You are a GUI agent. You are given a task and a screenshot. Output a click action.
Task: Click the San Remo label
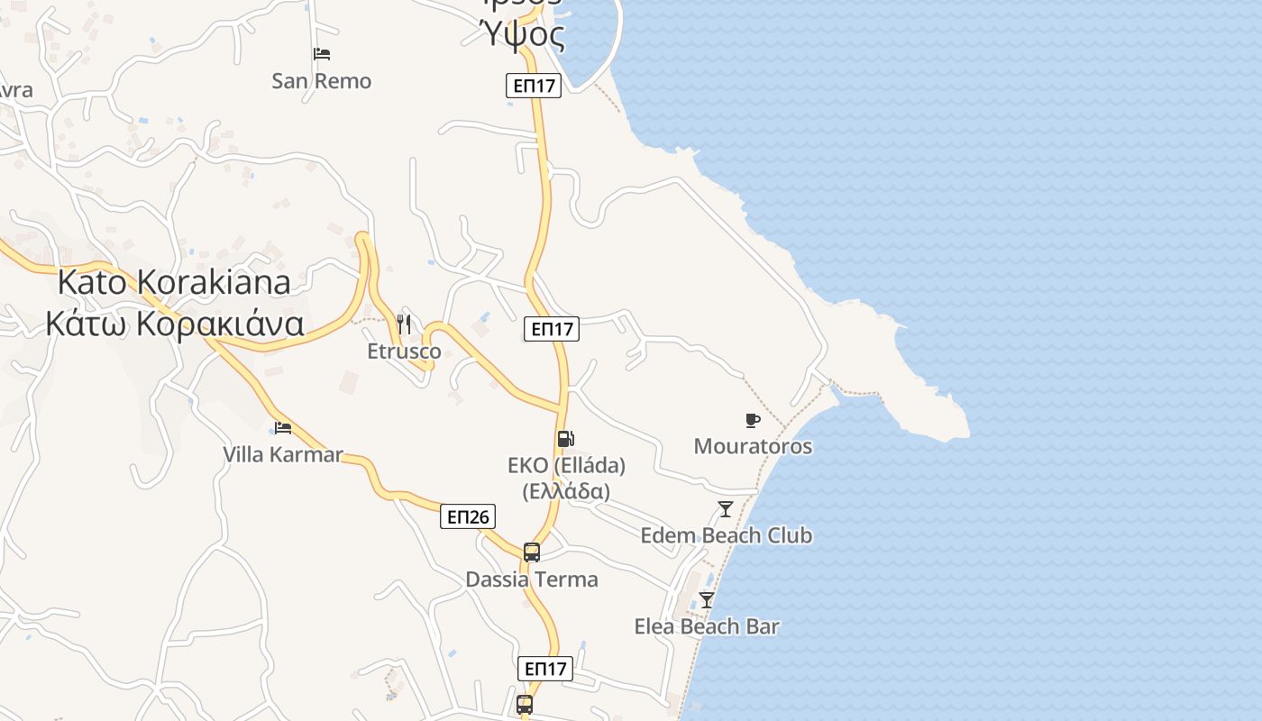tap(321, 81)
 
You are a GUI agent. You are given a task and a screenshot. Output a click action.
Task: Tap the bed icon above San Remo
tap(322, 54)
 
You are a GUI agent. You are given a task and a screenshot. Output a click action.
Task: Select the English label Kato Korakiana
tap(174, 282)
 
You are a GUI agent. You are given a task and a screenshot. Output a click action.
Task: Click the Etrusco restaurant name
tap(405, 351)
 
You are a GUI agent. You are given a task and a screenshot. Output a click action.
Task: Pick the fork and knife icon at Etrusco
tap(404, 324)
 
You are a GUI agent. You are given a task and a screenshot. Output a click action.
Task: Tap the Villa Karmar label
tap(283, 454)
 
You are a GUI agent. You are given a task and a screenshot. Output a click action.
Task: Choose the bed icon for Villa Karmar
tap(283, 427)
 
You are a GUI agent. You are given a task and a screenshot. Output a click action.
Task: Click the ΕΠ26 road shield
tap(468, 516)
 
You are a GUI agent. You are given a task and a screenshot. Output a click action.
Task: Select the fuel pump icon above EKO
tap(566, 439)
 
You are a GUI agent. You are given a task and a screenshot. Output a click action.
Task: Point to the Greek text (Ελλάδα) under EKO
tap(566, 491)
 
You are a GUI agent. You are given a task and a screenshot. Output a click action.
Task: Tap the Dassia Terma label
tap(532, 579)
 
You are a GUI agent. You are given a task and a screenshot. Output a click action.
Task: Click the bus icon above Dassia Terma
tap(532, 552)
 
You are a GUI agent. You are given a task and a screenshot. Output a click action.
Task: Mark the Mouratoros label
tap(753, 446)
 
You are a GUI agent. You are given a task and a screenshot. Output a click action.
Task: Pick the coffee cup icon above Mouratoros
tap(753, 420)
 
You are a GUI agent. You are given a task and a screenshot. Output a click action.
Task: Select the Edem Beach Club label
tap(726, 535)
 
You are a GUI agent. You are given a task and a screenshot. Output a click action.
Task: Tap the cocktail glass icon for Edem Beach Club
tap(726, 509)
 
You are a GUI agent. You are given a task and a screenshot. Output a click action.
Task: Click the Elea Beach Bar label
tap(707, 626)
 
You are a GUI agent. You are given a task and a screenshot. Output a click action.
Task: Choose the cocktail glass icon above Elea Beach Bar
tap(707, 599)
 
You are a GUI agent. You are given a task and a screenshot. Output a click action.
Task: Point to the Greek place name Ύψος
tap(524, 36)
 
